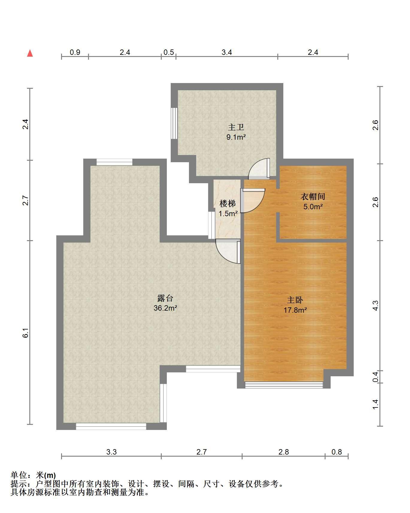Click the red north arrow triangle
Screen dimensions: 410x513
tap(30, 53)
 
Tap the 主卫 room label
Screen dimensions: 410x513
tap(236, 127)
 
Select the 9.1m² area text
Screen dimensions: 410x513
tap(236, 138)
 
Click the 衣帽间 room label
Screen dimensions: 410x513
tap(313, 197)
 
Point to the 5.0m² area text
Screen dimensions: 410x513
tap(313, 207)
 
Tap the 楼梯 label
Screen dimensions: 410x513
tap(228, 204)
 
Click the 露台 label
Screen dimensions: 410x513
tap(165, 298)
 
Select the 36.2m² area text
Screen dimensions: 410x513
tap(165, 308)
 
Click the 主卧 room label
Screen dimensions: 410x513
tap(295, 300)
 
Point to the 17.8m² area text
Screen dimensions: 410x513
tap(295, 310)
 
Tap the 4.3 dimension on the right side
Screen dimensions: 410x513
tap(375, 306)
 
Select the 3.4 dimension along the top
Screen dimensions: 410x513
tap(227, 52)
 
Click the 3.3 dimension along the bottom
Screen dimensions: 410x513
tap(111, 452)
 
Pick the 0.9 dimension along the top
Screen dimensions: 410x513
tap(75, 52)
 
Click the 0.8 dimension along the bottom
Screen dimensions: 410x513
tap(337, 452)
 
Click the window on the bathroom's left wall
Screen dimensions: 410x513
tap(174, 123)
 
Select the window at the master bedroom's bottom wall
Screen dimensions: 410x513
tap(284, 385)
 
